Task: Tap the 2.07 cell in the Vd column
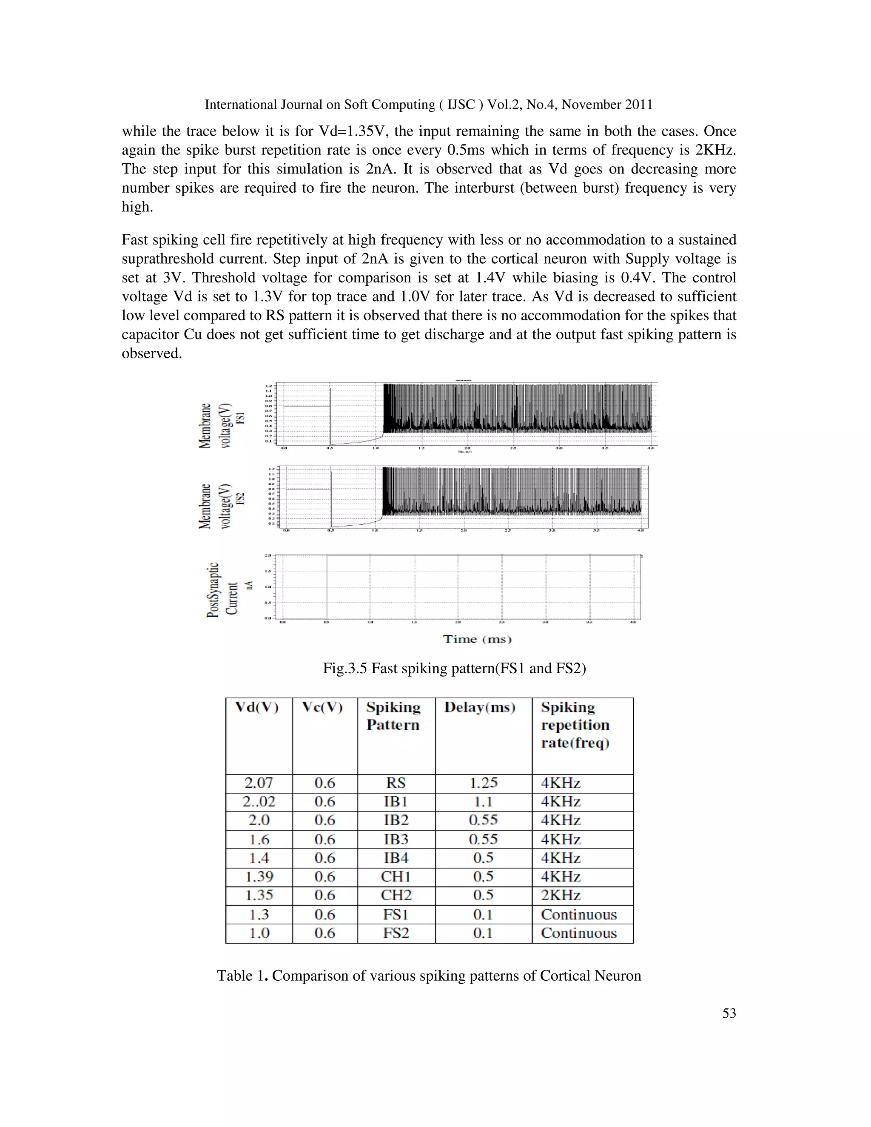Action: [259, 783]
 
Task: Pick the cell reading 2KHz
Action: [561, 895]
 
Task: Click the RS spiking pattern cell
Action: [396, 783]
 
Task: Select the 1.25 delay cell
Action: [483, 783]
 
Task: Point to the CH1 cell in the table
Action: [396, 876]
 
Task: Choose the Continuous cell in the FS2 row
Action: [578, 933]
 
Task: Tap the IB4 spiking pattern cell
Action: [396, 858]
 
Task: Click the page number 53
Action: [729, 1013]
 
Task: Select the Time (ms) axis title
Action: [477, 639]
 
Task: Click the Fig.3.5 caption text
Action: [454, 668]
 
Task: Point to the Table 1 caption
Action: [429, 976]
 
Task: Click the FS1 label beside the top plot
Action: [240, 418]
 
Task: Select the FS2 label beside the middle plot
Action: [240, 498]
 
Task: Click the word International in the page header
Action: [240, 105]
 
